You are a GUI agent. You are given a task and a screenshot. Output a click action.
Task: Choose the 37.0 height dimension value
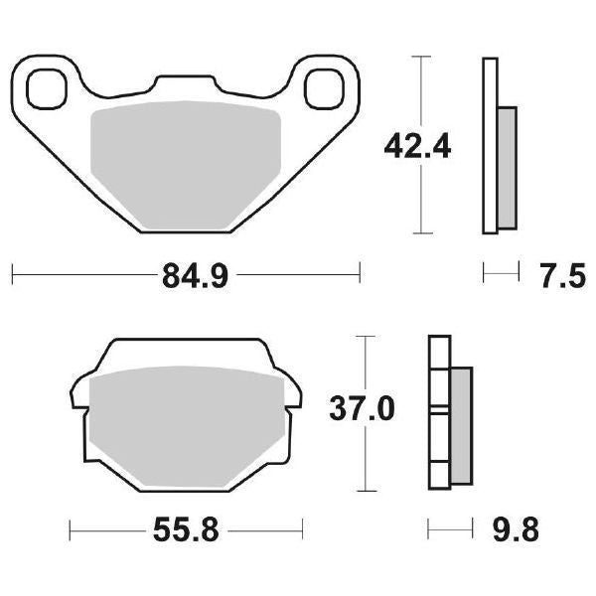pyautogui.click(x=364, y=408)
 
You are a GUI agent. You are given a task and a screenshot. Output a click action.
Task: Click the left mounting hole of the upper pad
pyautogui.click(x=45, y=88)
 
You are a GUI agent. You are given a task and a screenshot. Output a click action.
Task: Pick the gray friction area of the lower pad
pyautogui.click(x=183, y=427)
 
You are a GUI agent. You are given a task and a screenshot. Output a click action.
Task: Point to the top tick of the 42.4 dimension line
pyautogui.click(x=423, y=57)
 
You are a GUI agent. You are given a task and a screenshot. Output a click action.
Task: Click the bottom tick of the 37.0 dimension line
pyautogui.click(x=368, y=491)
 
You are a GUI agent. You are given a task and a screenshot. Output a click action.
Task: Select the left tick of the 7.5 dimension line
pyautogui.click(x=483, y=271)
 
